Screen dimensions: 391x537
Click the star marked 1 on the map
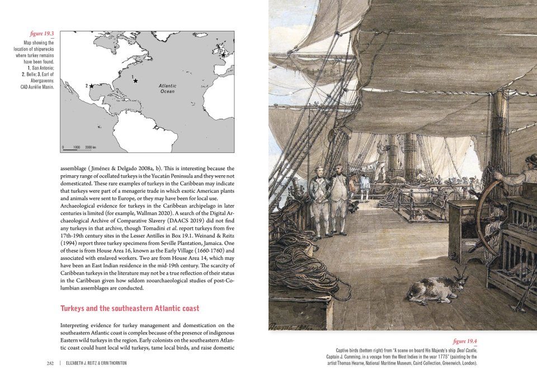135,81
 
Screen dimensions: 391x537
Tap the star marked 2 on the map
91,86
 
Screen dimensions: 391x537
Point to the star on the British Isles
223,55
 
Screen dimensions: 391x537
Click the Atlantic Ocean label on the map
167,89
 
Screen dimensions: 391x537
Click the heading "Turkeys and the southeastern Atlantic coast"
129,309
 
